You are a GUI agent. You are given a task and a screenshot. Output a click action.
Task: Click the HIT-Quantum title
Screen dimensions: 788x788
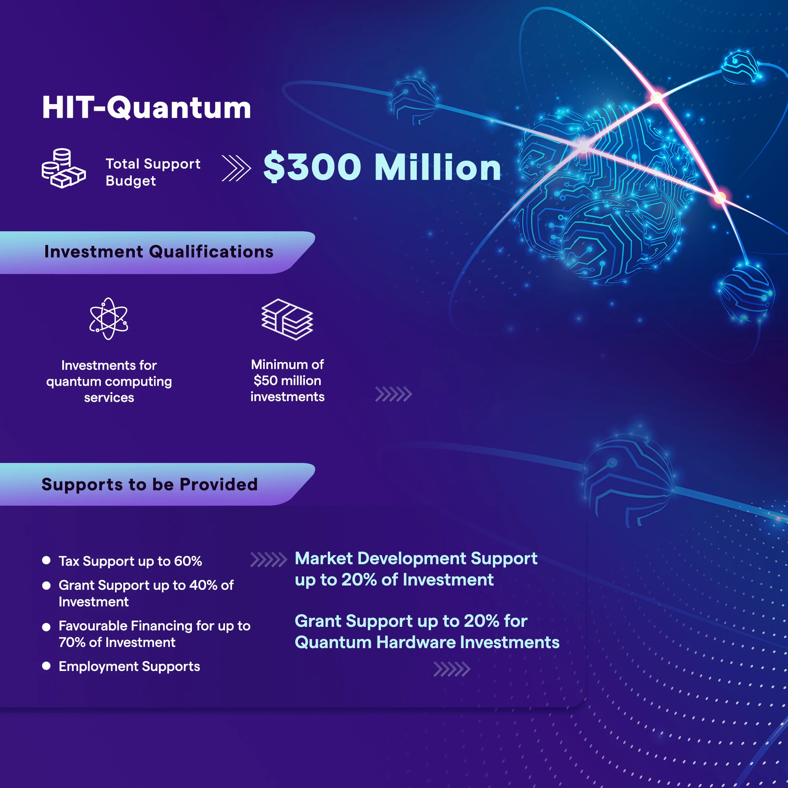(x=147, y=108)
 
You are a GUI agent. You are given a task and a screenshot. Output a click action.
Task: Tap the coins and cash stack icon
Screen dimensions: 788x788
(x=63, y=168)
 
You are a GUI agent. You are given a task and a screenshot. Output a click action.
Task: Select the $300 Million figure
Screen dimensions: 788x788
(x=382, y=167)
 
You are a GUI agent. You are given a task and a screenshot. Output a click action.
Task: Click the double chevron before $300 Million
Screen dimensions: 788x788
(x=236, y=167)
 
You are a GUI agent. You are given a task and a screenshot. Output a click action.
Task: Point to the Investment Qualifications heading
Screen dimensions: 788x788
(x=159, y=252)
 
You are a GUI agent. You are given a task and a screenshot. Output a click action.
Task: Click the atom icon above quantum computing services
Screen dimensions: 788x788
(x=109, y=318)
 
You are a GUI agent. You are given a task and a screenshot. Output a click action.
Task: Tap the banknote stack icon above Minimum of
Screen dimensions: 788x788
(x=287, y=320)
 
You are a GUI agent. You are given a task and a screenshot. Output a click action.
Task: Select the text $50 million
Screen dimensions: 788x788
(x=287, y=381)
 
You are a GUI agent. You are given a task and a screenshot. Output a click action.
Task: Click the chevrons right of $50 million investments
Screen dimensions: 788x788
(x=394, y=394)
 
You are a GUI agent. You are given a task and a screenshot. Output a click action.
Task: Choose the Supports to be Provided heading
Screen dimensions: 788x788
(x=150, y=485)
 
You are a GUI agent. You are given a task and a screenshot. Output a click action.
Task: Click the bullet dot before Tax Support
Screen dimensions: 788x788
(x=46, y=560)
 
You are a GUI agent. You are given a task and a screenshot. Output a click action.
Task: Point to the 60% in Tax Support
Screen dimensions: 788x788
(x=188, y=561)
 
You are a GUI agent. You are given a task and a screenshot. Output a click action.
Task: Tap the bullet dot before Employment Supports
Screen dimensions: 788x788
(x=46, y=665)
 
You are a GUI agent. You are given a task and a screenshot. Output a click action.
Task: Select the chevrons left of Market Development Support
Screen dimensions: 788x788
(x=268, y=560)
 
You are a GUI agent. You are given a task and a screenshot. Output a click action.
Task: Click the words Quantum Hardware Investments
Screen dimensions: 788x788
(x=427, y=642)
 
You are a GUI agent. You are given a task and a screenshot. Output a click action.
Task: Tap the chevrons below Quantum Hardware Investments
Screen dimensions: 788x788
(x=452, y=669)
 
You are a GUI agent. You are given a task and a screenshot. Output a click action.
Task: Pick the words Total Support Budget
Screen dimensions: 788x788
(x=153, y=172)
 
